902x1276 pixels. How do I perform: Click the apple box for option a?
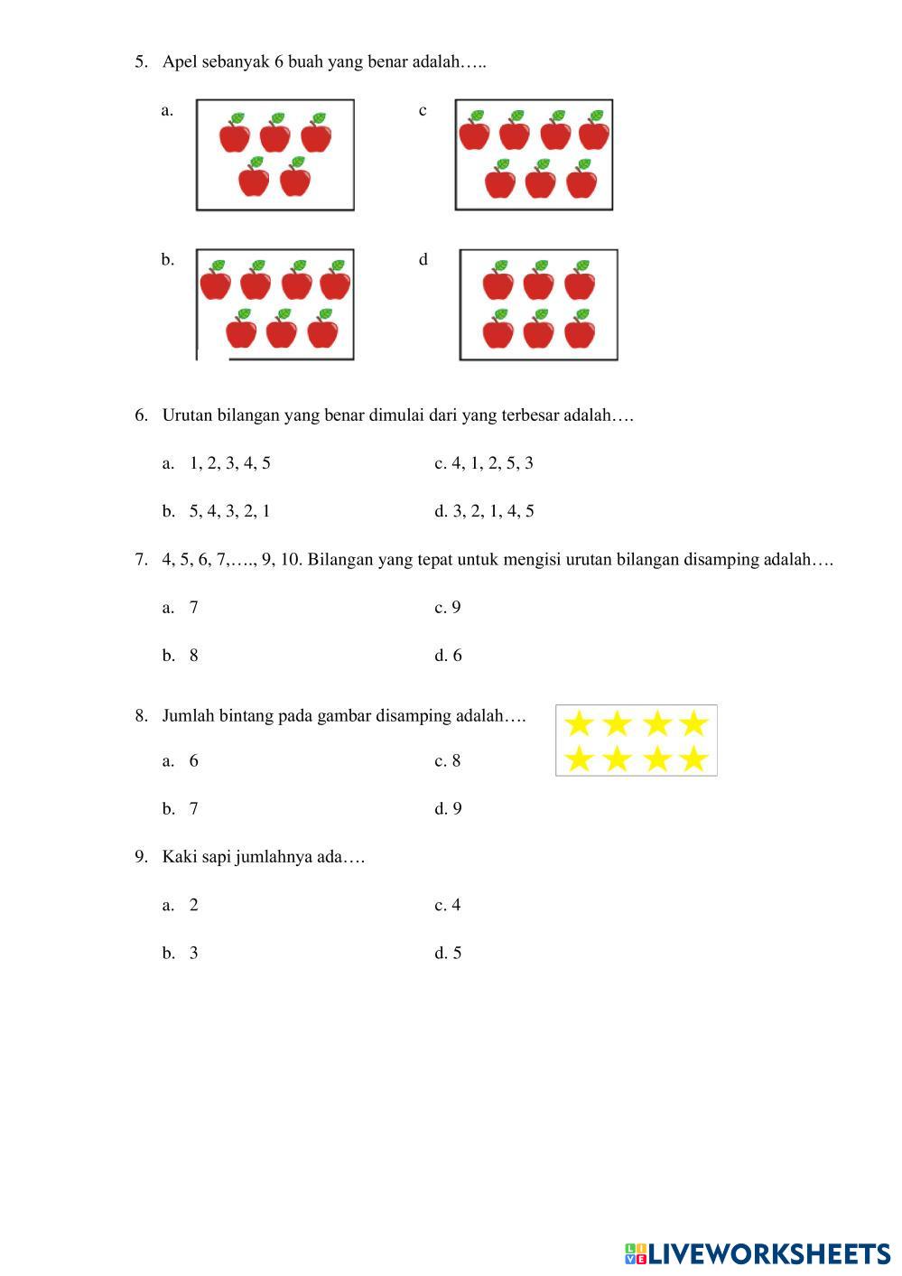tap(274, 154)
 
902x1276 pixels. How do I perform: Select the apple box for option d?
tap(538, 304)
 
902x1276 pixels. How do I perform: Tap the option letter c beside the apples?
tap(423, 110)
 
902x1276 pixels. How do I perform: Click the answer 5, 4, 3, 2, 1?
tap(229, 511)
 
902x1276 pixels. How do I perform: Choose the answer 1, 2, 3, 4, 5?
tap(229, 463)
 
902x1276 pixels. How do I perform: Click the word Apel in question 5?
tap(180, 62)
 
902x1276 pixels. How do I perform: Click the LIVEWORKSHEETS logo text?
tap(767, 1253)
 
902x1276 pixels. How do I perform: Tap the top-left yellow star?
tap(578, 723)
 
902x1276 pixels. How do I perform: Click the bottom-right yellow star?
tap(693, 759)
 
